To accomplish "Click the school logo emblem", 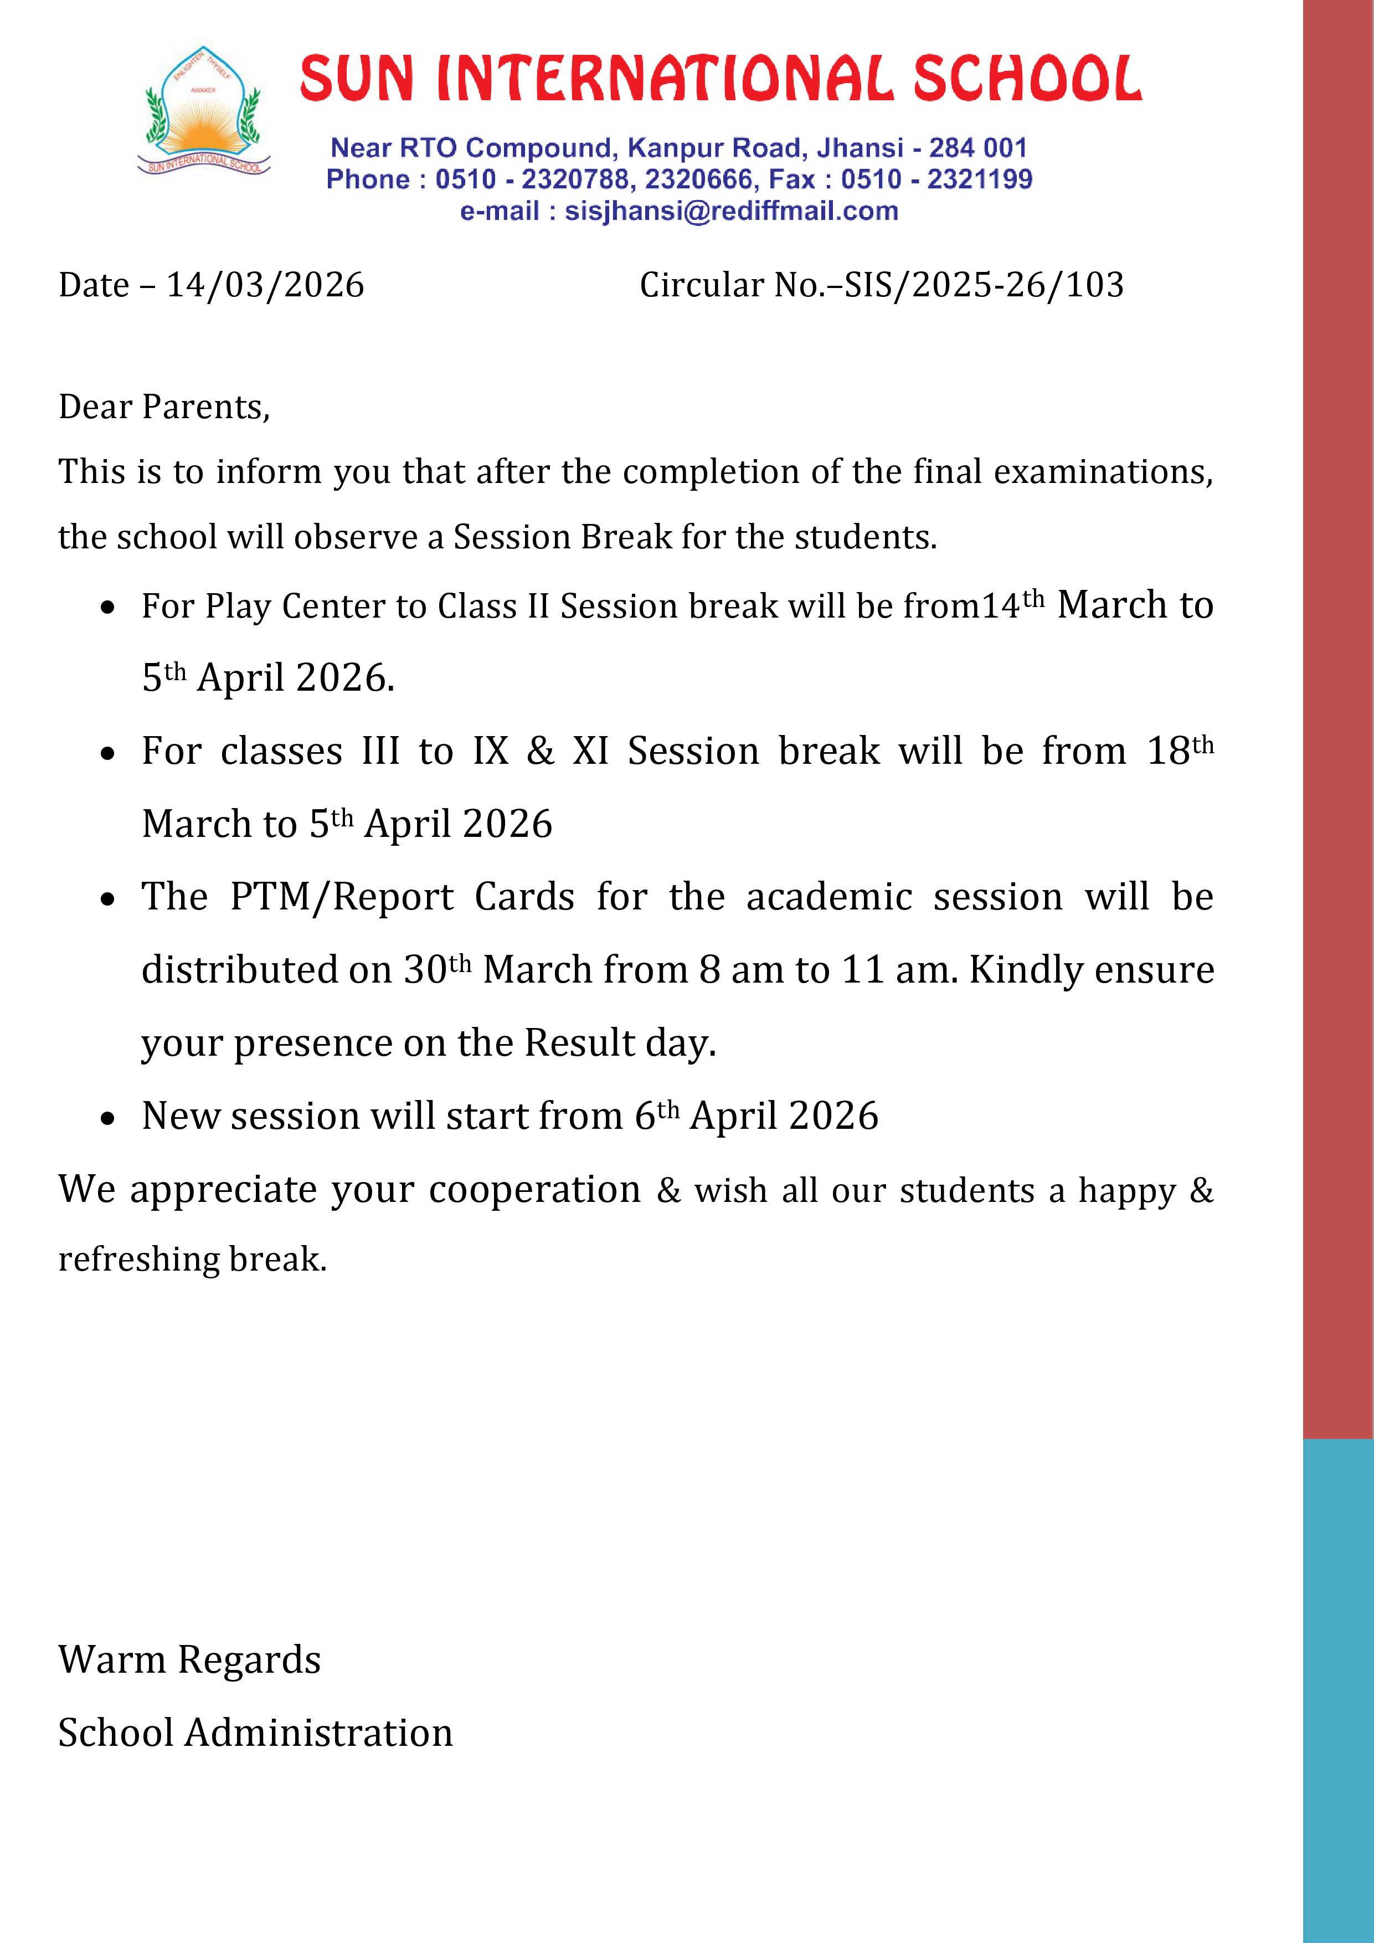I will click(x=204, y=112).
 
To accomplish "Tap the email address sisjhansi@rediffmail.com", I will click(x=731, y=210).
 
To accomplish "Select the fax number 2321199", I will click(x=980, y=179).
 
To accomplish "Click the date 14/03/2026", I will click(x=265, y=285).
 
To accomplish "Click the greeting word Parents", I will click(x=205, y=408).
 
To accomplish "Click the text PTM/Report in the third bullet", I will click(x=342, y=897).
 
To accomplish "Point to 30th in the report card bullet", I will click(x=436, y=969).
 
